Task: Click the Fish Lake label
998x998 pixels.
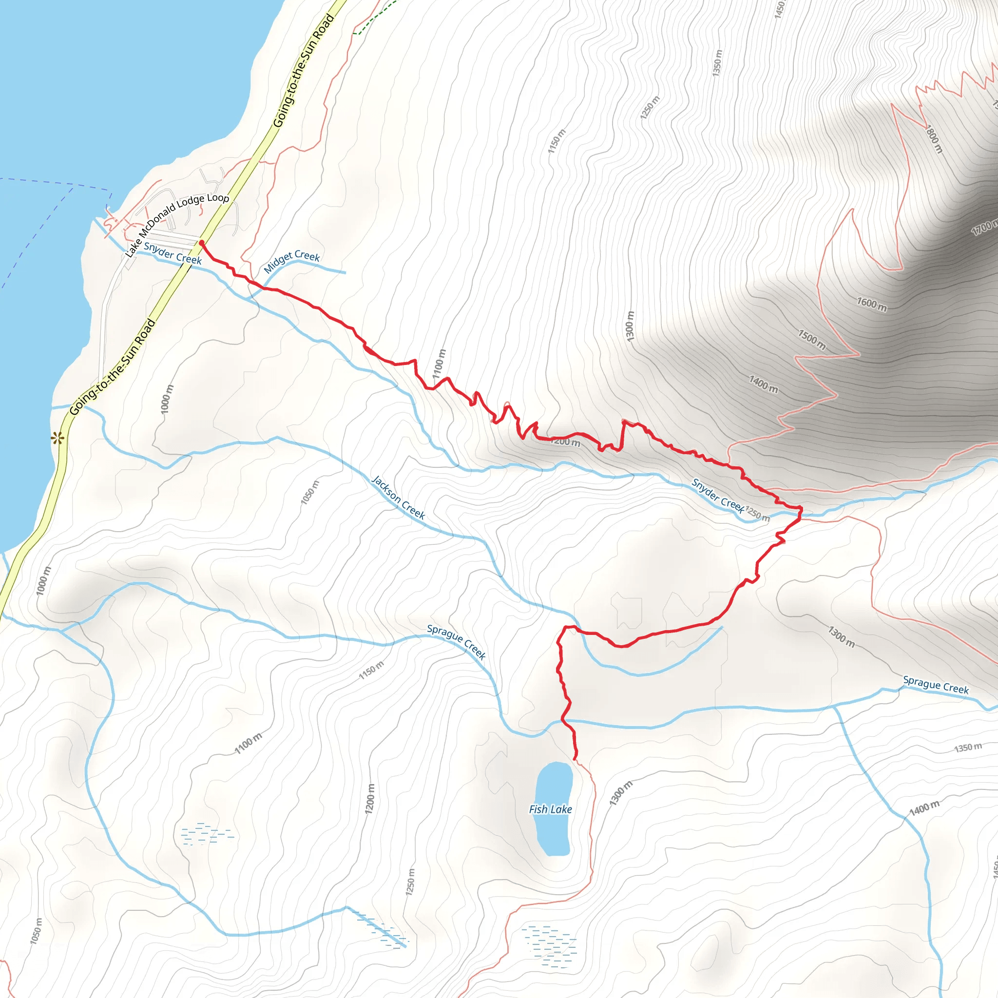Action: point(550,809)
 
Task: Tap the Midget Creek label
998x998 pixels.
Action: point(292,261)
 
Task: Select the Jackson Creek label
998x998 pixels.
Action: point(398,498)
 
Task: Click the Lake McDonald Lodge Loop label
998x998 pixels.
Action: point(177,225)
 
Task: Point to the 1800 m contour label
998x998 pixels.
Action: point(934,139)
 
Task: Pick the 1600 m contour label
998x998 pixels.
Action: point(872,304)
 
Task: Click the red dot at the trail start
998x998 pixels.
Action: point(201,242)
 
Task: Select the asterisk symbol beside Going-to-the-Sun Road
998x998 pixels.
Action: point(58,439)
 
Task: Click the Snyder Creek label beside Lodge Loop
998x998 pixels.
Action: point(173,253)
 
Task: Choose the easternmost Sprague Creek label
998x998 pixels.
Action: point(936,685)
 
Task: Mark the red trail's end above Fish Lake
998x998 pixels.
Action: point(575,758)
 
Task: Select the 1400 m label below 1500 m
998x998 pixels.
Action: point(764,384)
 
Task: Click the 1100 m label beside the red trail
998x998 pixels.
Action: point(439,364)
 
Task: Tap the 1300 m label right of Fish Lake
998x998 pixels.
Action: point(620,793)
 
